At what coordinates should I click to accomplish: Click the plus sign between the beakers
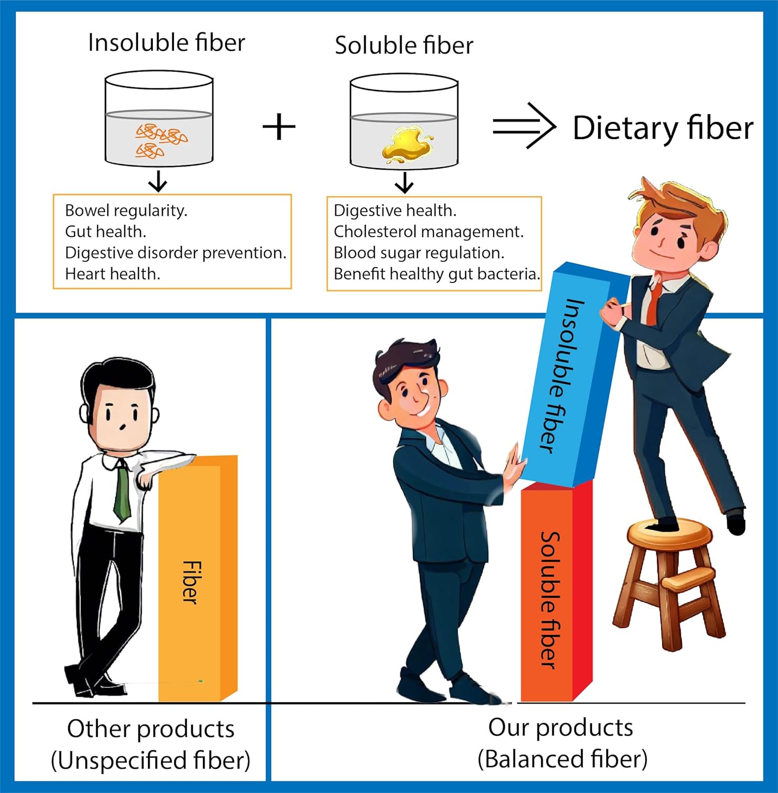point(279,127)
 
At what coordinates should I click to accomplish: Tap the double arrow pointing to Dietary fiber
point(523,126)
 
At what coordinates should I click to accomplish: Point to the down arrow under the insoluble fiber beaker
point(158,182)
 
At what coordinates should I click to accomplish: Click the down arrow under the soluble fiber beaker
point(404,183)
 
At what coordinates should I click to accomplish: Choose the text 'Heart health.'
point(112,274)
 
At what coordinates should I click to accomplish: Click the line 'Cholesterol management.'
point(428,232)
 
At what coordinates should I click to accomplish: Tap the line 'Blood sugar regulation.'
point(419,253)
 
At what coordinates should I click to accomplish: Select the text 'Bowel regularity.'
point(126,210)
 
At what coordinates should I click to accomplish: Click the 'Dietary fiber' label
point(663,128)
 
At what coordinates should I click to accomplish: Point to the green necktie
point(122,492)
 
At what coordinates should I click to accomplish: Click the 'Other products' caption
point(151,729)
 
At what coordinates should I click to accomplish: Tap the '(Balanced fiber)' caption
point(562,759)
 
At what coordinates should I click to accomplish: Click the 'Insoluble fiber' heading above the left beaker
point(166,43)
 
